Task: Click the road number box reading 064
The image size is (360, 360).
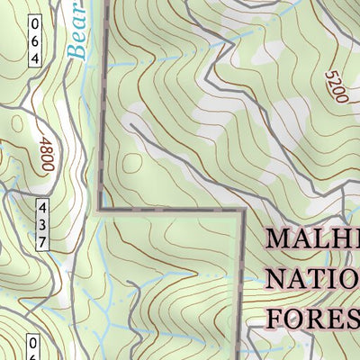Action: tap(35, 40)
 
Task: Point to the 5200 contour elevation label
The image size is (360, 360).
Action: tap(335, 85)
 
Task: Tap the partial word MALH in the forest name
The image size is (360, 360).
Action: tap(312, 239)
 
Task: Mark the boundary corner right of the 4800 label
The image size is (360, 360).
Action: tap(100, 210)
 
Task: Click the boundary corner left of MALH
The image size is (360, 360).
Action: tap(243, 212)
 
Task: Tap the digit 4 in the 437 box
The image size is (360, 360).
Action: tap(42, 208)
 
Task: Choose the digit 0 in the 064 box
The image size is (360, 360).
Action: tap(35, 24)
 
